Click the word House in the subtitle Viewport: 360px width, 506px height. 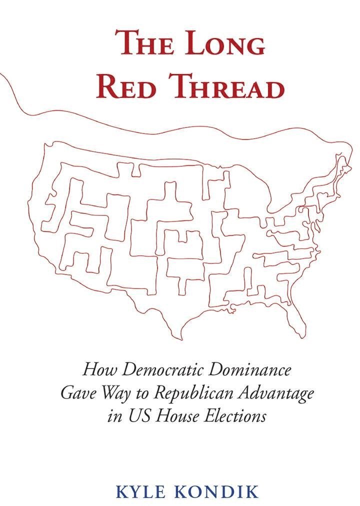(174, 416)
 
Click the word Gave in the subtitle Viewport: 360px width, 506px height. (75, 393)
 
